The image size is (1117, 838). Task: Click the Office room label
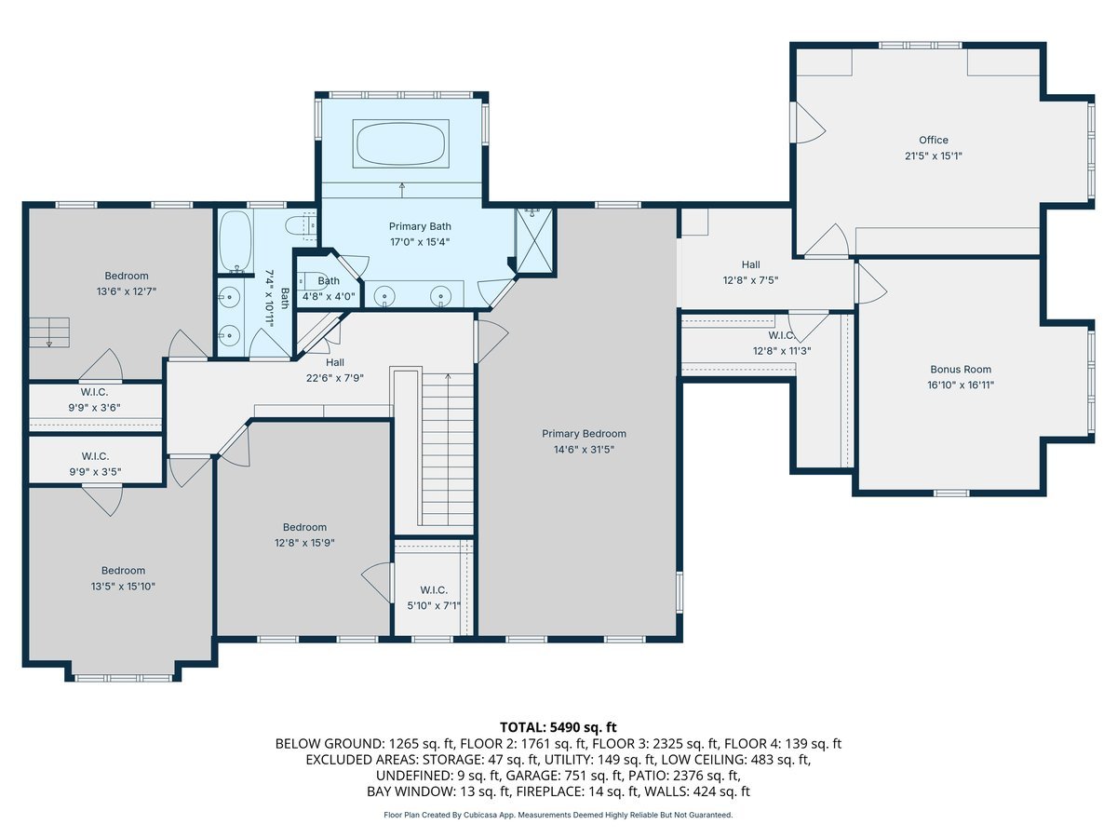coord(934,140)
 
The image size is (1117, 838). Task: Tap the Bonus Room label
coord(961,370)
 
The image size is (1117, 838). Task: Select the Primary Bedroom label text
coord(584,434)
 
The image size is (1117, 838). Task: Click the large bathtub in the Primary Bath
coord(401,143)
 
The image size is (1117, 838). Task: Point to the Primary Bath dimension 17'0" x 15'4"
coord(420,242)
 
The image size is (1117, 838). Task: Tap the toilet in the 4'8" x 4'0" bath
coord(308,280)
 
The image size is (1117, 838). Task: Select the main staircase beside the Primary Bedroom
coord(448,449)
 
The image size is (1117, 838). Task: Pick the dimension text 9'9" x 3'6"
coord(95,408)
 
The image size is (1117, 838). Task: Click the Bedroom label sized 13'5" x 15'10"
coord(123,571)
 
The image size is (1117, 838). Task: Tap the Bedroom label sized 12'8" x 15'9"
coord(304,527)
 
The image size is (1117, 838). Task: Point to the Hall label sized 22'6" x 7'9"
coord(335,362)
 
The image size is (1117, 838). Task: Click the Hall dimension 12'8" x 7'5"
coord(750,280)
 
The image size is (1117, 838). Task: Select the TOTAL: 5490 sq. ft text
coord(558,727)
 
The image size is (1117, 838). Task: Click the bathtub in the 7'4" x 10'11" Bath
coord(236,242)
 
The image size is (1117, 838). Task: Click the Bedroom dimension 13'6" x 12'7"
coord(127,291)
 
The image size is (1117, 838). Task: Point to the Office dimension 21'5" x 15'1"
coord(934,155)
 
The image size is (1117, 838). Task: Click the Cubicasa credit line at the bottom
coord(558,815)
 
